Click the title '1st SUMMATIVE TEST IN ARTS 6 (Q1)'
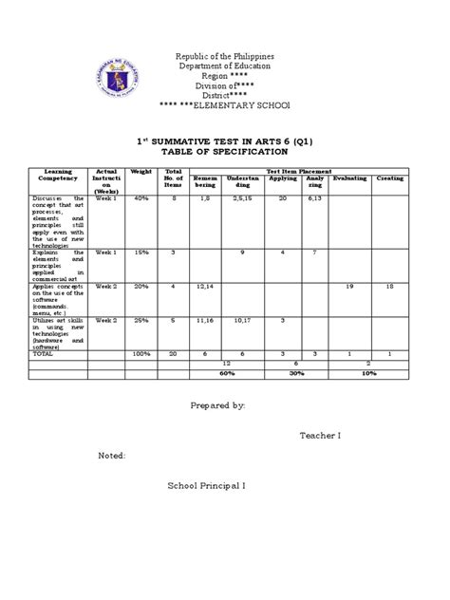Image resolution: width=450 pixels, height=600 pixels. point(225,139)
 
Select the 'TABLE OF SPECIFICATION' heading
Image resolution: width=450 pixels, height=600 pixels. point(225,151)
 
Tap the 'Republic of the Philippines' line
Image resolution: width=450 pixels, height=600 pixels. point(226,54)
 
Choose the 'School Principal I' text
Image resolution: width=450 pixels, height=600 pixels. point(206,485)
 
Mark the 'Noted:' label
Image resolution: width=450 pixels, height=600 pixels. point(112,456)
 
